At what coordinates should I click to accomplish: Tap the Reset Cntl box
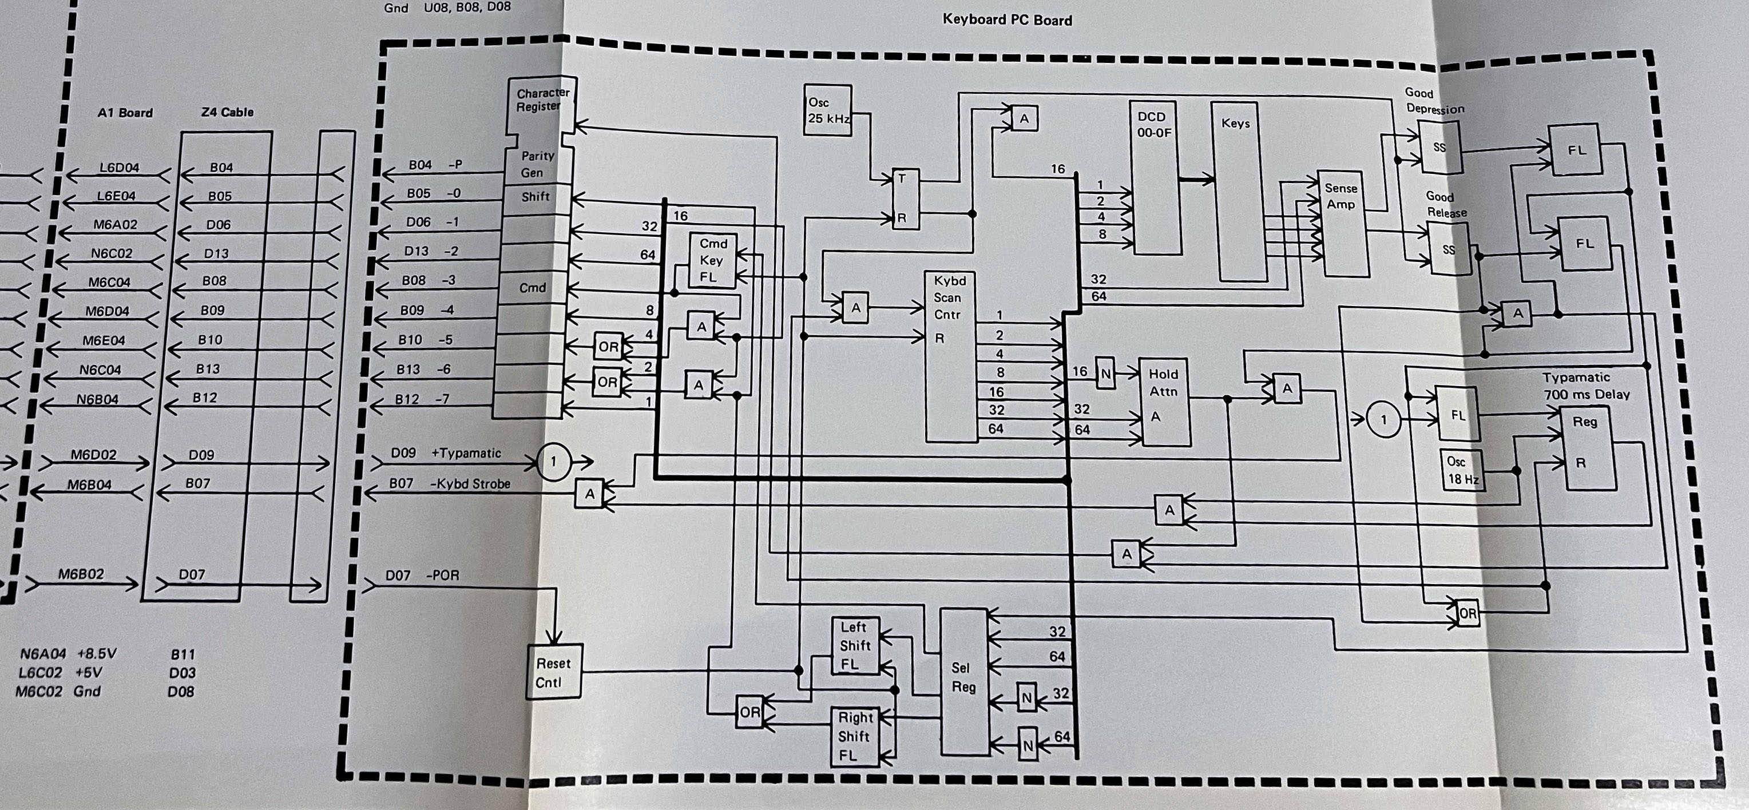554,672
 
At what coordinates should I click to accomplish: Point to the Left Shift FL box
855,646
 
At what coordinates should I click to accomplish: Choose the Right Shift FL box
855,737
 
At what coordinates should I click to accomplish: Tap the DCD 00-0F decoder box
1153,178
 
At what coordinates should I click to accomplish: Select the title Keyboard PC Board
1007,19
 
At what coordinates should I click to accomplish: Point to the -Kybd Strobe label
470,484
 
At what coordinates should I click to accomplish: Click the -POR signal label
443,575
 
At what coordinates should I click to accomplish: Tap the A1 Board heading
125,113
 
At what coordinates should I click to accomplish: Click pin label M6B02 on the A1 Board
81,574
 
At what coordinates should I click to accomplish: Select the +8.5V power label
97,654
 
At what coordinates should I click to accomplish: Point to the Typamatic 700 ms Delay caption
1585,386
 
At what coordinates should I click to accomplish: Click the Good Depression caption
1434,101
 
